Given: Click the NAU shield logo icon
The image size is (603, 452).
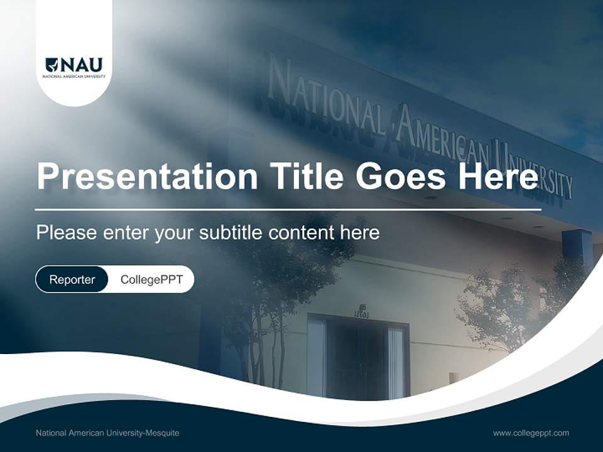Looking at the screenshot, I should coord(52,65).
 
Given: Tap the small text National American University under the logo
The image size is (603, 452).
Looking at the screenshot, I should coord(73,77).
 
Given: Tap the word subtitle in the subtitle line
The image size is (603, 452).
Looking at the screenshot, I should coord(231,233).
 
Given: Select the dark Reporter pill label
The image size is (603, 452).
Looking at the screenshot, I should coord(72,279).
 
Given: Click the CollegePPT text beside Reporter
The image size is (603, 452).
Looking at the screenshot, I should coord(151,279).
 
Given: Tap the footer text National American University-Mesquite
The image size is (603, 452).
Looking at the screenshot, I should coord(107,433).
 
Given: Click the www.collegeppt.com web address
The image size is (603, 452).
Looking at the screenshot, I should coord(531,433).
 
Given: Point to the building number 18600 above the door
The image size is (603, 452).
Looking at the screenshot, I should coord(362,315).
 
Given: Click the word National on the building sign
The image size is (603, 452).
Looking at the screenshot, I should coord(327,100).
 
